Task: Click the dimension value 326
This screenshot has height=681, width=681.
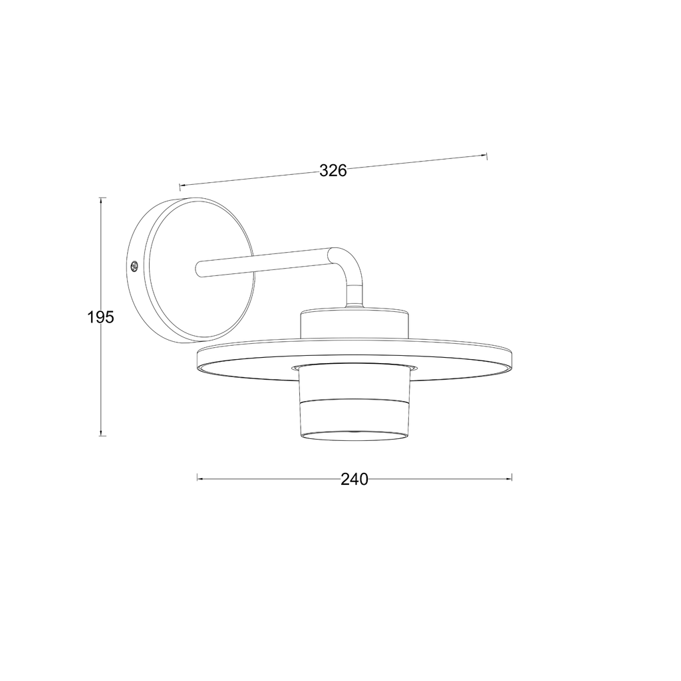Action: click(333, 171)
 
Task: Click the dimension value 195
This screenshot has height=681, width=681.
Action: click(101, 317)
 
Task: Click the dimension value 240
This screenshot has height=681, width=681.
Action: click(354, 479)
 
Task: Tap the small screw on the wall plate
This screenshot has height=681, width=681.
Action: click(134, 265)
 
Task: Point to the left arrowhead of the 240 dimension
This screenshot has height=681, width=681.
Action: click(200, 479)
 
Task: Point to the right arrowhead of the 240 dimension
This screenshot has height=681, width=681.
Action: click(509, 479)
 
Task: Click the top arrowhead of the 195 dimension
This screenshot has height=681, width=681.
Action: click(101, 201)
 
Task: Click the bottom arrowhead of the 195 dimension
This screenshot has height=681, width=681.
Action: click(101, 432)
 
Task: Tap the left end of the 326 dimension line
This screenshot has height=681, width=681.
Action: click(180, 186)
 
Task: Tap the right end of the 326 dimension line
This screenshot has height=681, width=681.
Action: click(486, 156)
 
